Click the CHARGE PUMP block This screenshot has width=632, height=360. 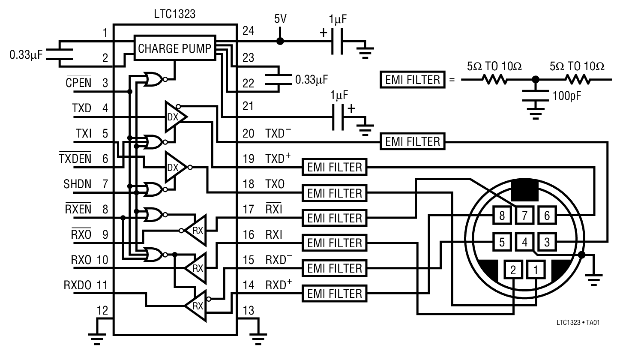pos(174,49)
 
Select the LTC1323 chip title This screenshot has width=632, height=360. pos(174,14)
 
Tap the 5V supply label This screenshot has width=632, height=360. pos(280,19)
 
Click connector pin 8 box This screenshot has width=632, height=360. pos(502,215)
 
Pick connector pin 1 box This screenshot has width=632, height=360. pos(536,270)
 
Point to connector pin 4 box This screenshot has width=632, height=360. pos(524,242)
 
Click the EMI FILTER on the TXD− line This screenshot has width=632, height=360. pos(412,141)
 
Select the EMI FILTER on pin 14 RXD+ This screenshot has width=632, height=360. pos(335,294)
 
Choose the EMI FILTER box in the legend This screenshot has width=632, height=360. pos(412,80)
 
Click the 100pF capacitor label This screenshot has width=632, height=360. pos(566,96)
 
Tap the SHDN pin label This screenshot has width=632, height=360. pos(77,184)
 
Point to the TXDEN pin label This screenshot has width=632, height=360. pos(75,159)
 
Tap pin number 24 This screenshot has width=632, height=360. pos(248,31)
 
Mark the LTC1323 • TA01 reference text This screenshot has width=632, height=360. pos(578,322)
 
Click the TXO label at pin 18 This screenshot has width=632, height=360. pos(275,184)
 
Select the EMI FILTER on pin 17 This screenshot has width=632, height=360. pos(335,218)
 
